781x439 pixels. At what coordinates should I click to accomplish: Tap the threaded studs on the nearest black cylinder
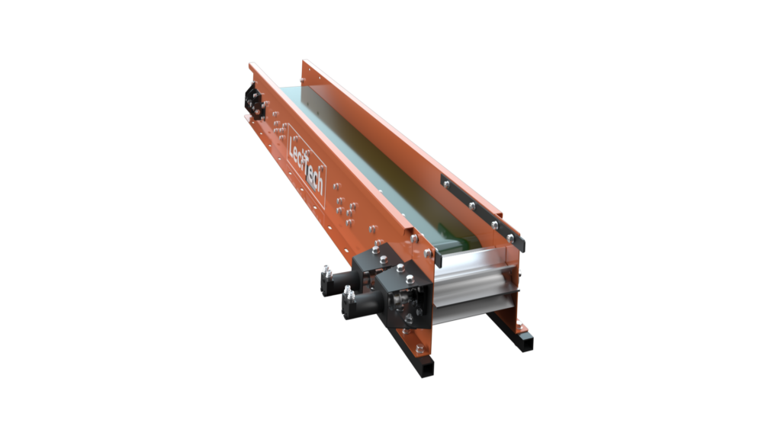tap(348, 293)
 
